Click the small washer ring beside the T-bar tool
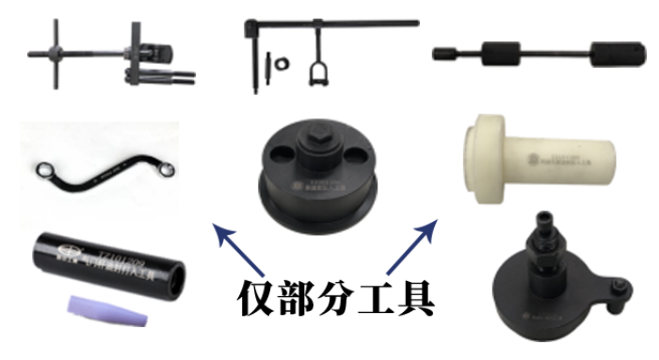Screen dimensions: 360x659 pos(280,67)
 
